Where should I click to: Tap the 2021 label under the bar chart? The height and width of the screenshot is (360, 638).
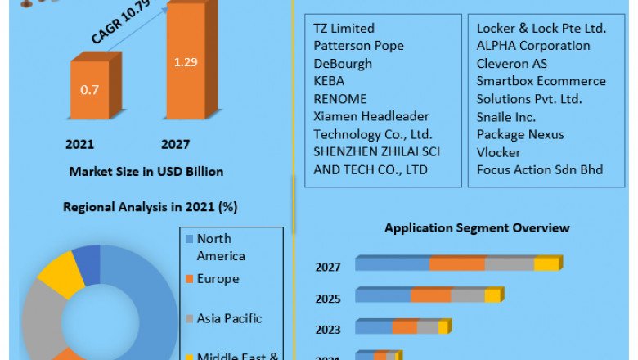point(80,145)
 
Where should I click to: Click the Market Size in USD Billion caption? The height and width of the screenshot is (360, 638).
point(146,172)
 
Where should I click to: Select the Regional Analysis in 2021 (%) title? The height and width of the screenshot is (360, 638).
point(150,207)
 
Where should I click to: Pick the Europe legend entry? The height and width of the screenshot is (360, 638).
point(218,279)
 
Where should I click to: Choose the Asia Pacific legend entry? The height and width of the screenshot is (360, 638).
point(229,318)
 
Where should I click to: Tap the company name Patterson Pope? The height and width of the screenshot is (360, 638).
point(358,46)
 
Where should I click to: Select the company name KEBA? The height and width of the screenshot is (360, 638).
point(329,81)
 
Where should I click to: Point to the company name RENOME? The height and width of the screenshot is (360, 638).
point(339,99)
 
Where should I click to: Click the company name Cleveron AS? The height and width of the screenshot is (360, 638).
point(512,63)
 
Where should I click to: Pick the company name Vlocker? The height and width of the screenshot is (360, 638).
point(499,152)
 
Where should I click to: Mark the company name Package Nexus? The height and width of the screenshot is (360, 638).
point(520,134)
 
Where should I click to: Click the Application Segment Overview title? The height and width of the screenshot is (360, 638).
point(477,227)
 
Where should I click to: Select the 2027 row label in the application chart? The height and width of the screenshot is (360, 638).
point(329,266)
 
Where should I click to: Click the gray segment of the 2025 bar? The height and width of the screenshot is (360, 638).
point(467,295)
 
